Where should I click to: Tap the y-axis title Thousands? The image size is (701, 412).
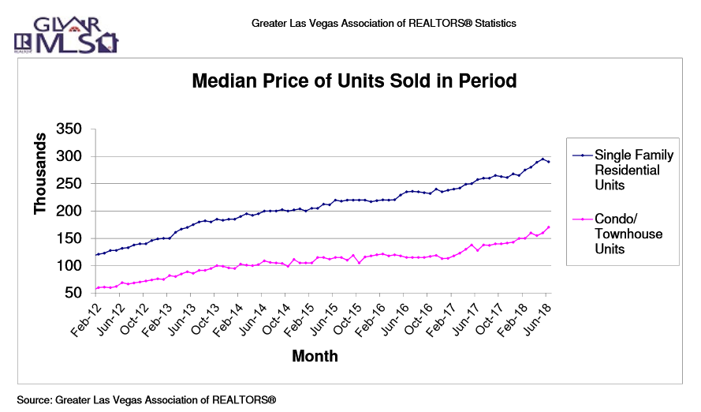click(x=41, y=173)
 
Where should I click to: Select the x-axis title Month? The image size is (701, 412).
click(x=315, y=356)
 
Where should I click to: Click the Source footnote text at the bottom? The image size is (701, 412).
click(x=147, y=400)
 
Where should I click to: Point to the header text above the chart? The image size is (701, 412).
click(x=384, y=23)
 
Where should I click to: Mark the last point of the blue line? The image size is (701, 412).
click(x=549, y=162)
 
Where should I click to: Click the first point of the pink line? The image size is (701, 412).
click(x=96, y=288)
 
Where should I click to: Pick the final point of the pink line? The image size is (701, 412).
click(x=549, y=227)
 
